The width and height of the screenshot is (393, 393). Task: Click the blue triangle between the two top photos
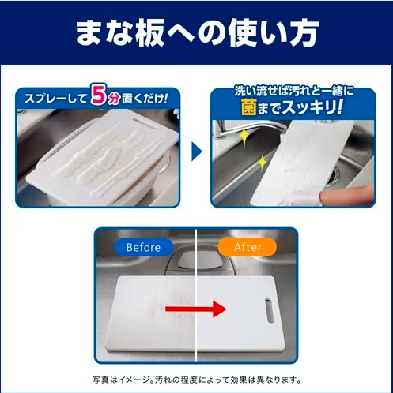point(198,150)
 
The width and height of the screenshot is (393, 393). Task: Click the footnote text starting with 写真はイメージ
point(196,378)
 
